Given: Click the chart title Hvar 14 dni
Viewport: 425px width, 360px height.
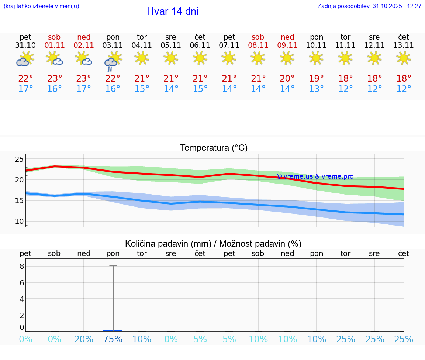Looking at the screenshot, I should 172,11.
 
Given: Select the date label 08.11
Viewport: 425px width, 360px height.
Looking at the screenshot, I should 258,45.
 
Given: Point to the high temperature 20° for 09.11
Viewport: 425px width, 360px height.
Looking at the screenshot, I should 287,79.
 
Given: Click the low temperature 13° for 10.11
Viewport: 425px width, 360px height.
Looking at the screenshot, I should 316,89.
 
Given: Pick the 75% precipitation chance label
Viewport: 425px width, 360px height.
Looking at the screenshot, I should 113,339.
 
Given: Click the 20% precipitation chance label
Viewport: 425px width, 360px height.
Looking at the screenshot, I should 84,339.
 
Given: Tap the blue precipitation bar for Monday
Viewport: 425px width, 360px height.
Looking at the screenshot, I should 113,330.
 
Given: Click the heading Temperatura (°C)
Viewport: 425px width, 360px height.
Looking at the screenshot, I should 214,148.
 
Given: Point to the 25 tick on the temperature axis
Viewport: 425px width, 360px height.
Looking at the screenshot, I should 19,160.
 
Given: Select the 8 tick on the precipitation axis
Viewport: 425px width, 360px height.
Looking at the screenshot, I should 22,266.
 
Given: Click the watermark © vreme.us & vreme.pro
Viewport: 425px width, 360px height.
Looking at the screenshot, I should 315,176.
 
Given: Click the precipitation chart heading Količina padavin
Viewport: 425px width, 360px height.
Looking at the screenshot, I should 213,244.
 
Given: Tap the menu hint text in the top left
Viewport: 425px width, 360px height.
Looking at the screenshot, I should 41,6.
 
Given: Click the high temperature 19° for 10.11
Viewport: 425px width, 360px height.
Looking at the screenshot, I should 316,79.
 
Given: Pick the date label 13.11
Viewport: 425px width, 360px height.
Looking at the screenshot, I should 404,45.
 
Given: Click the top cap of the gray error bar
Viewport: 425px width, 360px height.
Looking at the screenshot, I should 113,265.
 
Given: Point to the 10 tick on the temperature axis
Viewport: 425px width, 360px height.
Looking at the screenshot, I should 19,221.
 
